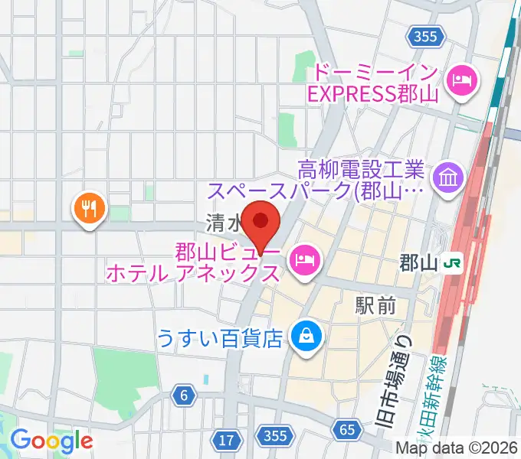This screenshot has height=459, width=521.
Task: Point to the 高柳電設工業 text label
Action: (x=362, y=167)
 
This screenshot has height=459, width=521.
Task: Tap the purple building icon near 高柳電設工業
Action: (x=446, y=178)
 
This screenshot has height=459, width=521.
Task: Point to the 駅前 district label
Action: (x=375, y=306)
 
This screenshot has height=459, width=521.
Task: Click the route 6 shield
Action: (x=185, y=395)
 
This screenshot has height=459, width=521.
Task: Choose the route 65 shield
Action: (x=347, y=431)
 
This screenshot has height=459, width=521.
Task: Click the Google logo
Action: (x=51, y=440)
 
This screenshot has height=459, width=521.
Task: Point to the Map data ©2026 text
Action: (x=457, y=448)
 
